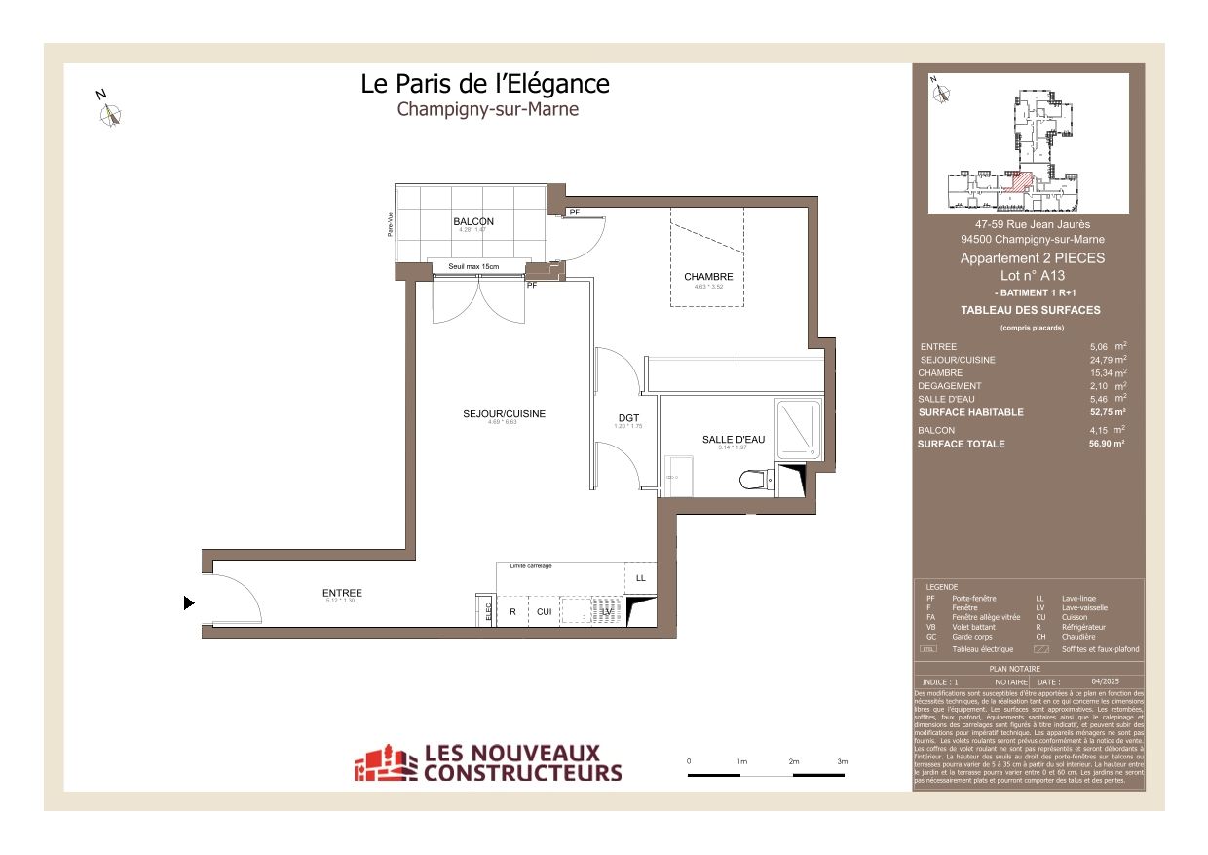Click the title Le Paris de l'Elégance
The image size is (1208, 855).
(x=484, y=84)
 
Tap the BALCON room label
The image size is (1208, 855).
(x=473, y=221)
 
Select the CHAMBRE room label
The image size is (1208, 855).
(x=708, y=277)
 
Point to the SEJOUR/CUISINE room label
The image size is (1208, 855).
(x=504, y=414)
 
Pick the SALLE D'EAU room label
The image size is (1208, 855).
(x=733, y=440)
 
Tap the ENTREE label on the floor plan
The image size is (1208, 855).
(x=342, y=593)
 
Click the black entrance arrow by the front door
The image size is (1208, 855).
(x=189, y=603)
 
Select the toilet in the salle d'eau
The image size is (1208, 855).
(x=753, y=480)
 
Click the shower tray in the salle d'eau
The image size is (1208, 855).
(x=799, y=428)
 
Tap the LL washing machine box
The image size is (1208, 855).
(x=640, y=578)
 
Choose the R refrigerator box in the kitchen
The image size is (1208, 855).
(x=512, y=612)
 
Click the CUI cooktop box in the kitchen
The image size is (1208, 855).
(x=544, y=612)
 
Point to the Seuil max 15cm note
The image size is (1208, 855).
(x=473, y=267)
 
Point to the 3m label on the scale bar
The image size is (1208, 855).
(x=842, y=761)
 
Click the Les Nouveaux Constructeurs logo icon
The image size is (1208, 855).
(x=385, y=763)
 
